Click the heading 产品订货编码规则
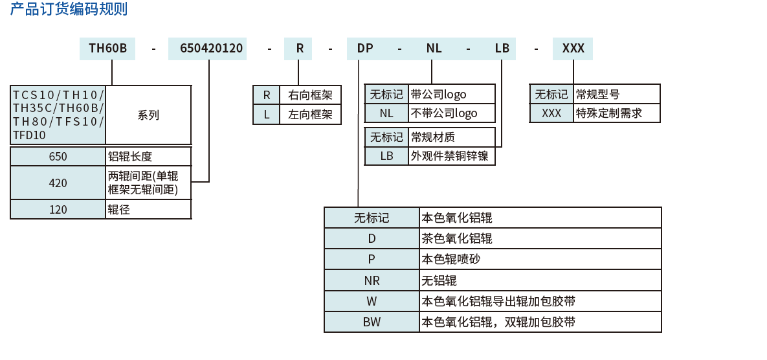[69, 9]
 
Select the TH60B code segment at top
[107, 49]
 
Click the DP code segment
[365, 49]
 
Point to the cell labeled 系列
[148, 115]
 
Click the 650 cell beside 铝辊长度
[58, 157]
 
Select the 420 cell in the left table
[58, 183]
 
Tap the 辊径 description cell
[148, 210]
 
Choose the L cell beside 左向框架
[267, 115]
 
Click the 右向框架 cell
[310, 95]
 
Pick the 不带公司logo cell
[451, 113]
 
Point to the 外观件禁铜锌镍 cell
[451, 156]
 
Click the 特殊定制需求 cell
[616, 113]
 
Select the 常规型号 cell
[616, 95]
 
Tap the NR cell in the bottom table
[372, 280]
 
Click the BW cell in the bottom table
[372, 322]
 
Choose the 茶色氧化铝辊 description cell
[540, 238]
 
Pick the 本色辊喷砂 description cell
[540, 260]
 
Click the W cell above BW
[372, 301]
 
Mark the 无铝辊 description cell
[540, 280]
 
